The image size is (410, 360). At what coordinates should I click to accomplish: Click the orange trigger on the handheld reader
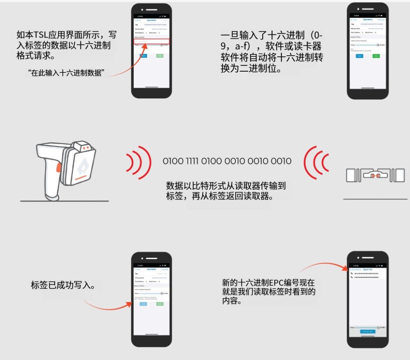[x=59, y=168]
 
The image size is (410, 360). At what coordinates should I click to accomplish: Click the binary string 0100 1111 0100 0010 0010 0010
[x=227, y=161]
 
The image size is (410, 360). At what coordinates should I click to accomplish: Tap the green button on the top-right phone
[x=376, y=56]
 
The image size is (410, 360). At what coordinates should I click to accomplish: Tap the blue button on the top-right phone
[x=360, y=56]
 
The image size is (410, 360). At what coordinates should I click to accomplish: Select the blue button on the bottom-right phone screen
[x=368, y=332]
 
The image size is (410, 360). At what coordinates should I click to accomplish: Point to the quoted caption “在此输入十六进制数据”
[x=66, y=74]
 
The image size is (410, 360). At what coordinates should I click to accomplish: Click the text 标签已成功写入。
[x=63, y=286]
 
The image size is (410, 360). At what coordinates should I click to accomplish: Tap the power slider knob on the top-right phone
[x=378, y=45]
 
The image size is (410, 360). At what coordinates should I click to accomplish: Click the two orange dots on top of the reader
[x=85, y=148]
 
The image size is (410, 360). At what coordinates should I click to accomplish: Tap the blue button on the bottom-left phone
[x=143, y=304]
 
